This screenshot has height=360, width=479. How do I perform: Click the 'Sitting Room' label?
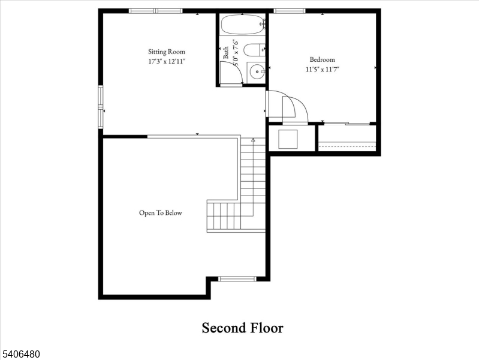pyautogui.click(x=167, y=52)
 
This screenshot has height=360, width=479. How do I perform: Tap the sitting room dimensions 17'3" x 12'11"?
pyautogui.click(x=167, y=61)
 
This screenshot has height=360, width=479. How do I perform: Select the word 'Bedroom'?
pyautogui.click(x=322, y=59)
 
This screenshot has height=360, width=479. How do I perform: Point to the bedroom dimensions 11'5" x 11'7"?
pyautogui.click(x=322, y=69)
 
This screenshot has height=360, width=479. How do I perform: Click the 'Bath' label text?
pyautogui.click(x=226, y=52)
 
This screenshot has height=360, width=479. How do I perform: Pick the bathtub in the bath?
pyautogui.click(x=242, y=25)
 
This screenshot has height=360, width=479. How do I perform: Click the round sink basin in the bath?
pyautogui.click(x=258, y=71)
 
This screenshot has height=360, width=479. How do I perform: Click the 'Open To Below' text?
pyautogui.click(x=160, y=213)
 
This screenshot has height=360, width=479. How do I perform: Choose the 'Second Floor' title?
pyautogui.click(x=242, y=328)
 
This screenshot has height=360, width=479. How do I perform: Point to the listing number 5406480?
pyautogui.click(x=21, y=355)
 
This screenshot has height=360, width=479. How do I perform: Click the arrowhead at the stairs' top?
pyautogui.click(x=253, y=140)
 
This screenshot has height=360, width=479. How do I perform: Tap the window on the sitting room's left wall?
pyautogui.click(x=101, y=107)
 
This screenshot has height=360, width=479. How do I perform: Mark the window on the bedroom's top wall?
pyautogui.click(x=290, y=11)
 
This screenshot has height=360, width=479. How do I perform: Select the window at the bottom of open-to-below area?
pyautogui.click(x=237, y=278)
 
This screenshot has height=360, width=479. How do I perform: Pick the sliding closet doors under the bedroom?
pyautogui.click(x=347, y=124)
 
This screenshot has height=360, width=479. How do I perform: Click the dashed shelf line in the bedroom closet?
pyautogui.click(x=347, y=143)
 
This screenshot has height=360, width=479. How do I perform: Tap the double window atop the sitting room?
pyautogui.click(x=156, y=11)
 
